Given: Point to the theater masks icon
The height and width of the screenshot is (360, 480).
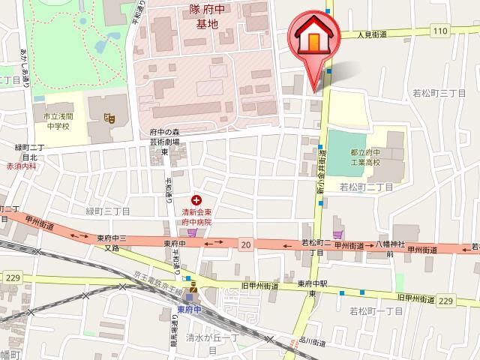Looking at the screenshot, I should (x=109, y=117).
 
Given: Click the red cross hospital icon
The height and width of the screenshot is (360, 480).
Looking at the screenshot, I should (x=196, y=200).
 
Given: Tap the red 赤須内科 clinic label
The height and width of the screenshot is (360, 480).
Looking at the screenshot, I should (x=20, y=166).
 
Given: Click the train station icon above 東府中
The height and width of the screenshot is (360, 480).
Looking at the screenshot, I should (x=193, y=287).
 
